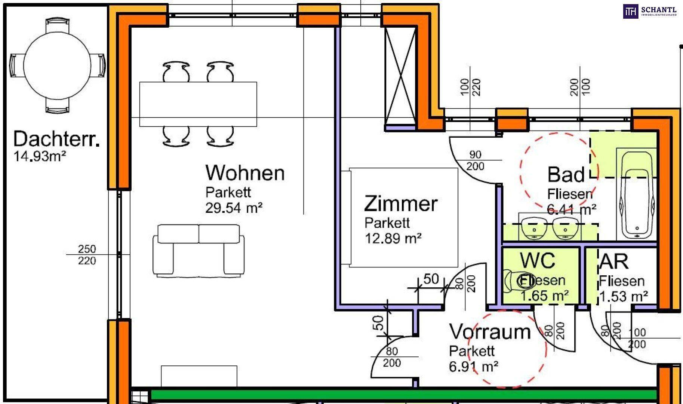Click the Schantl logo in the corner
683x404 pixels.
pyautogui.click(x=650, y=11)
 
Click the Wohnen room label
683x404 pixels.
pyautogui.click(x=245, y=173)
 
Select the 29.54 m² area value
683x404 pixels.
pyautogui.click(x=234, y=208)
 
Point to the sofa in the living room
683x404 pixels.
pyautogui.click(x=199, y=250)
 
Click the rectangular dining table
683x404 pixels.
pyautogui.click(x=198, y=104)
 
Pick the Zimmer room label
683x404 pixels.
pyautogui.click(x=400, y=203)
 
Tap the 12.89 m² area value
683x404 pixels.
pyautogui.click(x=393, y=238)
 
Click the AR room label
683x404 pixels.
pyautogui.click(x=613, y=261)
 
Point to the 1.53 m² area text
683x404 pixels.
pyautogui.click(x=623, y=297)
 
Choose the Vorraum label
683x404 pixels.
pyautogui.click(x=489, y=332)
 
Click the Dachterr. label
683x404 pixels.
pyautogui.click(x=56, y=139)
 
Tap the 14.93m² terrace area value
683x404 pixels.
pyautogui.click(x=40, y=156)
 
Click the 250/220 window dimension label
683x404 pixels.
pyautogui.click(x=87, y=255)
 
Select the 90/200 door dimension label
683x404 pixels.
pyautogui.click(x=475, y=160)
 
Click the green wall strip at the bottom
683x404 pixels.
pyautogui.click(x=404, y=394)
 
